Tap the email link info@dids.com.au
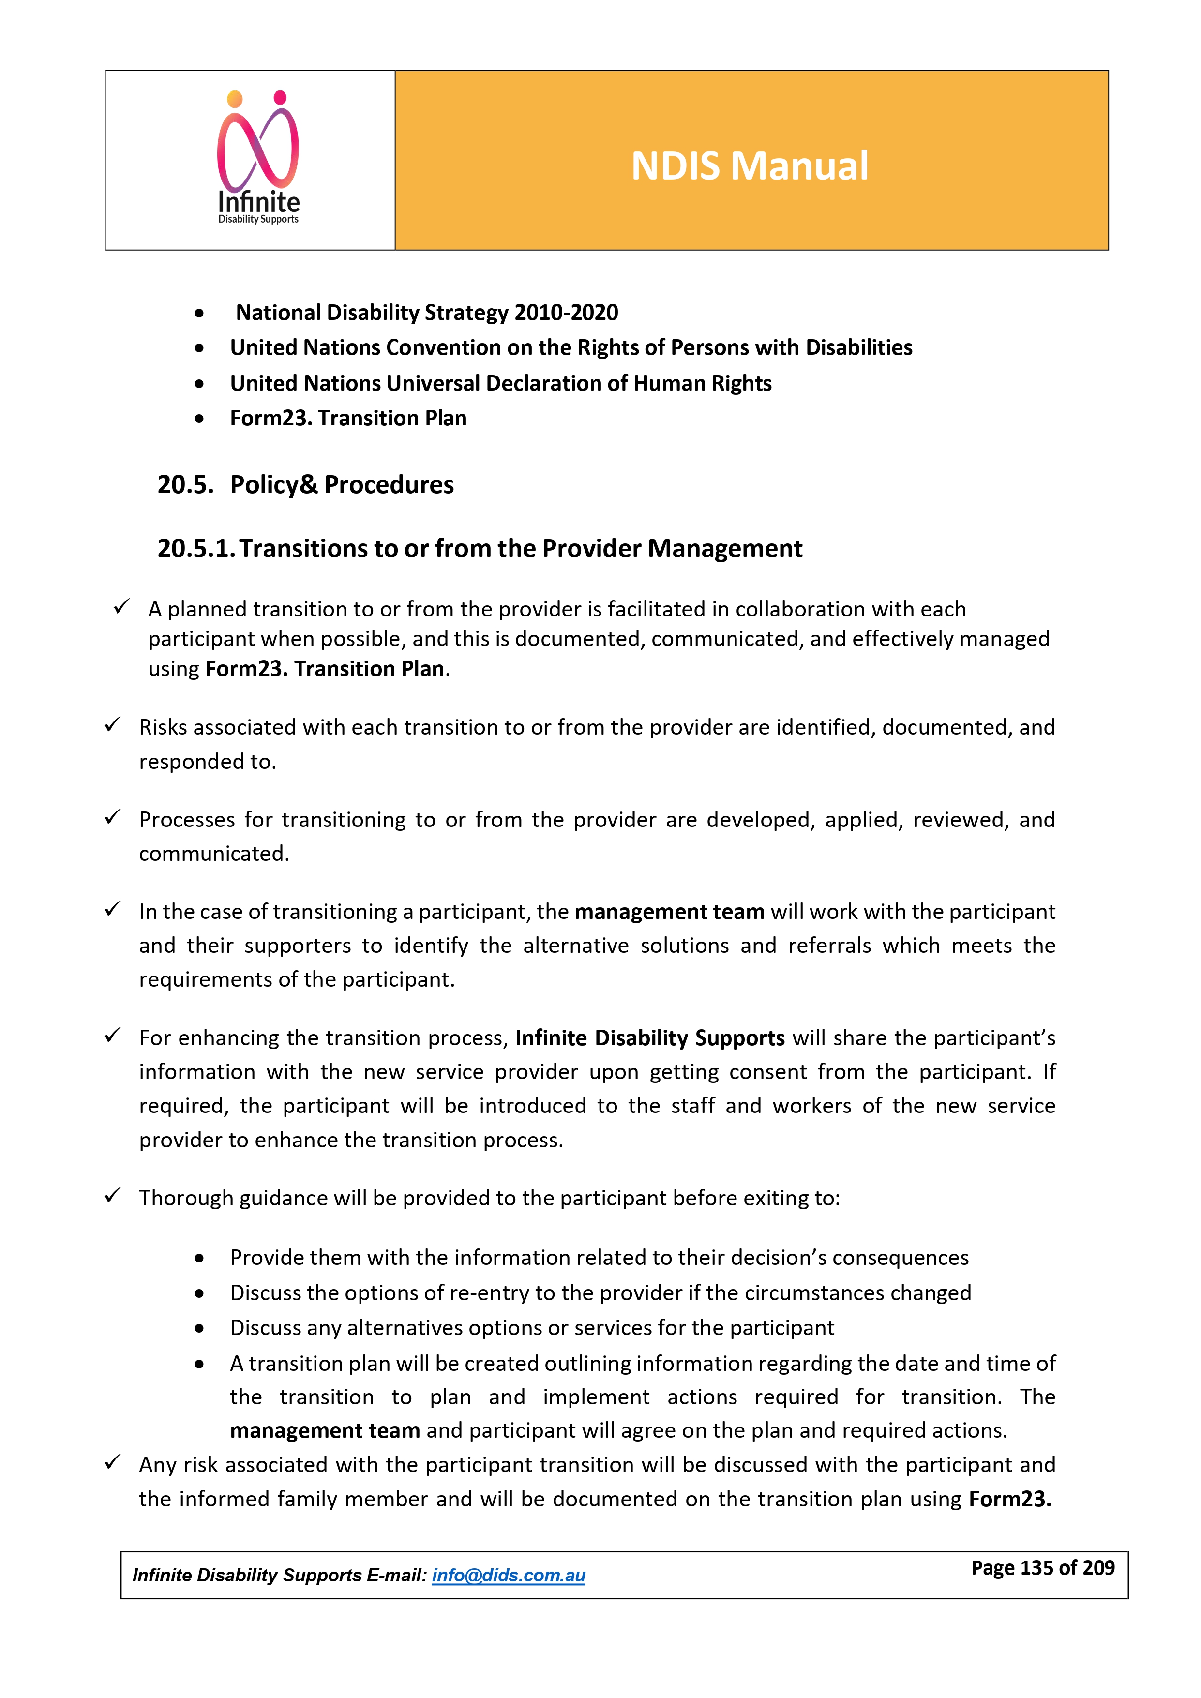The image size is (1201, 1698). (508, 1575)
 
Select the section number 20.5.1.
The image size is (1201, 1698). (196, 549)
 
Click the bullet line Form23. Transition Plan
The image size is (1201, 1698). (348, 419)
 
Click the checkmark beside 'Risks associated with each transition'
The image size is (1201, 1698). (112, 725)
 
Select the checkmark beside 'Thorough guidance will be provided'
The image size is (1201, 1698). (112, 1195)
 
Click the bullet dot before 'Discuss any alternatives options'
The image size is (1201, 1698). (200, 1328)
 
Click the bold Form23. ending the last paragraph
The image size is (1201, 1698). (1009, 1499)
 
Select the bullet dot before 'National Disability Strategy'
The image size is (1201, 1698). (200, 314)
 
